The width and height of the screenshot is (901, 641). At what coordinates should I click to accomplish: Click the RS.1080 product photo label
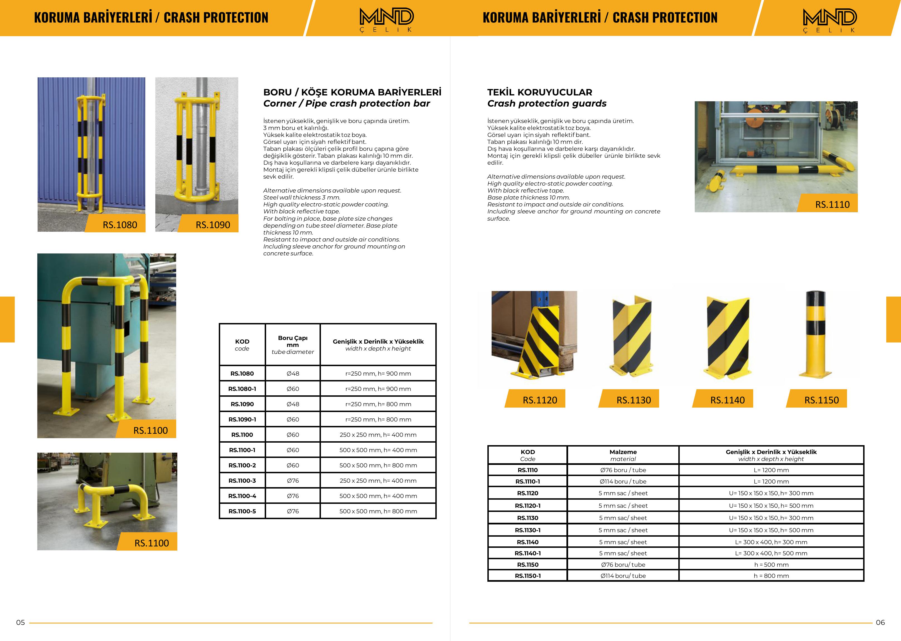pyautogui.click(x=120, y=225)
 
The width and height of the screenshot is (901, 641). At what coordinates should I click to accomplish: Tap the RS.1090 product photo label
pyautogui.click(x=212, y=225)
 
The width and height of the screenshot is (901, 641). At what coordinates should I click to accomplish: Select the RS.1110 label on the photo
pyautogui.click(x=832, y=204)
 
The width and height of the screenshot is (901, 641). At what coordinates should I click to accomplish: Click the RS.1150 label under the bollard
pyautogui.click(x=821, y=400)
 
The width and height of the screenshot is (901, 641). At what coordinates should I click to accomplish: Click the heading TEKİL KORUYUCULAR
pyautogui.click(x=539, y=92)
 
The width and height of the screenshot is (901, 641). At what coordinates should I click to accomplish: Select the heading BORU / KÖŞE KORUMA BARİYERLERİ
pyautogui.click(x=352, y=92)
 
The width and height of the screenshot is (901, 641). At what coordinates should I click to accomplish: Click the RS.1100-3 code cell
pyautogui.click(x=242, y=480)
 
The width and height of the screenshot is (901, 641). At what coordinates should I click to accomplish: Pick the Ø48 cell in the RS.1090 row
pyautogui.click(x=293, y=404)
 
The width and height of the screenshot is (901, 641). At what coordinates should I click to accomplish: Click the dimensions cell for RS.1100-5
pyautogui.click(x=378, y=511)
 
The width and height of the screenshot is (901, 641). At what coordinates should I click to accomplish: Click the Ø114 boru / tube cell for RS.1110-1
pyautogui.click(x=623, y=481)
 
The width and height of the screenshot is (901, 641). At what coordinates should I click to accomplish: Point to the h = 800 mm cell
pyautogui.click(x=771, y=575)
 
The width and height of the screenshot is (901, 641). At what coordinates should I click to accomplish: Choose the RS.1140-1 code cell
pyautogui.click(x=527, y=553)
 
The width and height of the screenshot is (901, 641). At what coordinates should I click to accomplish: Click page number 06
pyautogui.click(x=880, y=622)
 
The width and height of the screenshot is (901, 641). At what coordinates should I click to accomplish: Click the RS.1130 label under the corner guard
pyautogui.click(x=633, y=400)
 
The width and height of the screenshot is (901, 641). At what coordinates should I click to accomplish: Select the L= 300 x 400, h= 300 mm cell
pyautogui.click(x=771, y=542)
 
